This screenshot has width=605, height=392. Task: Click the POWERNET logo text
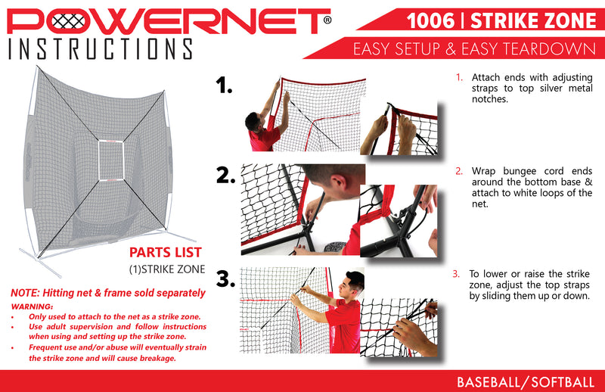[163, 20]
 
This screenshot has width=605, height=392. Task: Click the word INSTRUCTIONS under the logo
[99, 49]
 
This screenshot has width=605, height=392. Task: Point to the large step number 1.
[224, 86]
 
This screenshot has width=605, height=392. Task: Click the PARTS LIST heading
[165, 253]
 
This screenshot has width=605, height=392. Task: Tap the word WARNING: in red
[32, 306]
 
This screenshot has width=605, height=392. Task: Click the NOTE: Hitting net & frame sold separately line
[107, 292]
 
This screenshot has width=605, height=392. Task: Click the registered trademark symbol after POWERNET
[326, 21]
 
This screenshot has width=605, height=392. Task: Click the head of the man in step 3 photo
[354, 282]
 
